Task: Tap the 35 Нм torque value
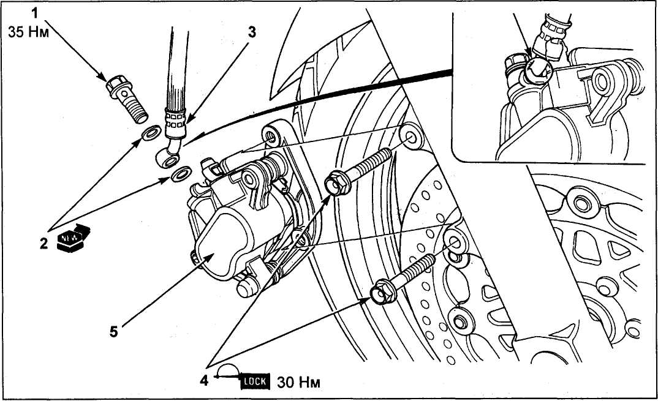[x=29, y=32]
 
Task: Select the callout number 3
[x=251, y=32]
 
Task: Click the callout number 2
[x=44, y=243]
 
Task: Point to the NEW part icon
[x=73, y=238]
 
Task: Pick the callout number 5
[x=114, y=332]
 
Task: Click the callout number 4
[x=204, y=381]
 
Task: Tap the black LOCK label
[x=255, y=381]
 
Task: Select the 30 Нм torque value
[x=298, y=382]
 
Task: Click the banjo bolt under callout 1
[x=127, y=99]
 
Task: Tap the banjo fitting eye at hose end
[x=170, y=159]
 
